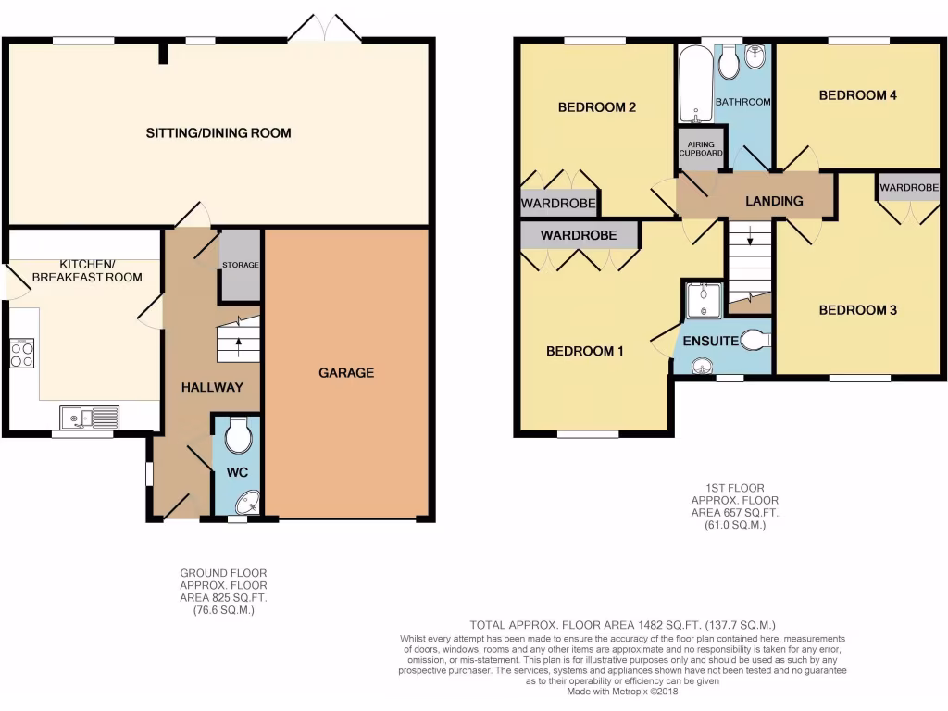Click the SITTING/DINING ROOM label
pos(218,133)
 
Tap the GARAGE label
pos(346,373)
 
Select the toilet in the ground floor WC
pos(238,436)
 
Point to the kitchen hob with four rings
pos(21,354)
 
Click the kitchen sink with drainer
pos(90,417)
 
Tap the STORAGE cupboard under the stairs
pos(240,266)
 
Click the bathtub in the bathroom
pos(693,85)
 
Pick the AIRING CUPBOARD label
pos(701,149)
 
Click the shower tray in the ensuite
pos(703,300)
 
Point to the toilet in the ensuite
pos(755,341)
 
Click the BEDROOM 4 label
pos(857,95)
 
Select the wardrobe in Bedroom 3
pos(908,188)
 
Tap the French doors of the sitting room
pos(323,30)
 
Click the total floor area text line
pos(622,625)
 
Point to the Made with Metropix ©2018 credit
pos(622,691)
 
